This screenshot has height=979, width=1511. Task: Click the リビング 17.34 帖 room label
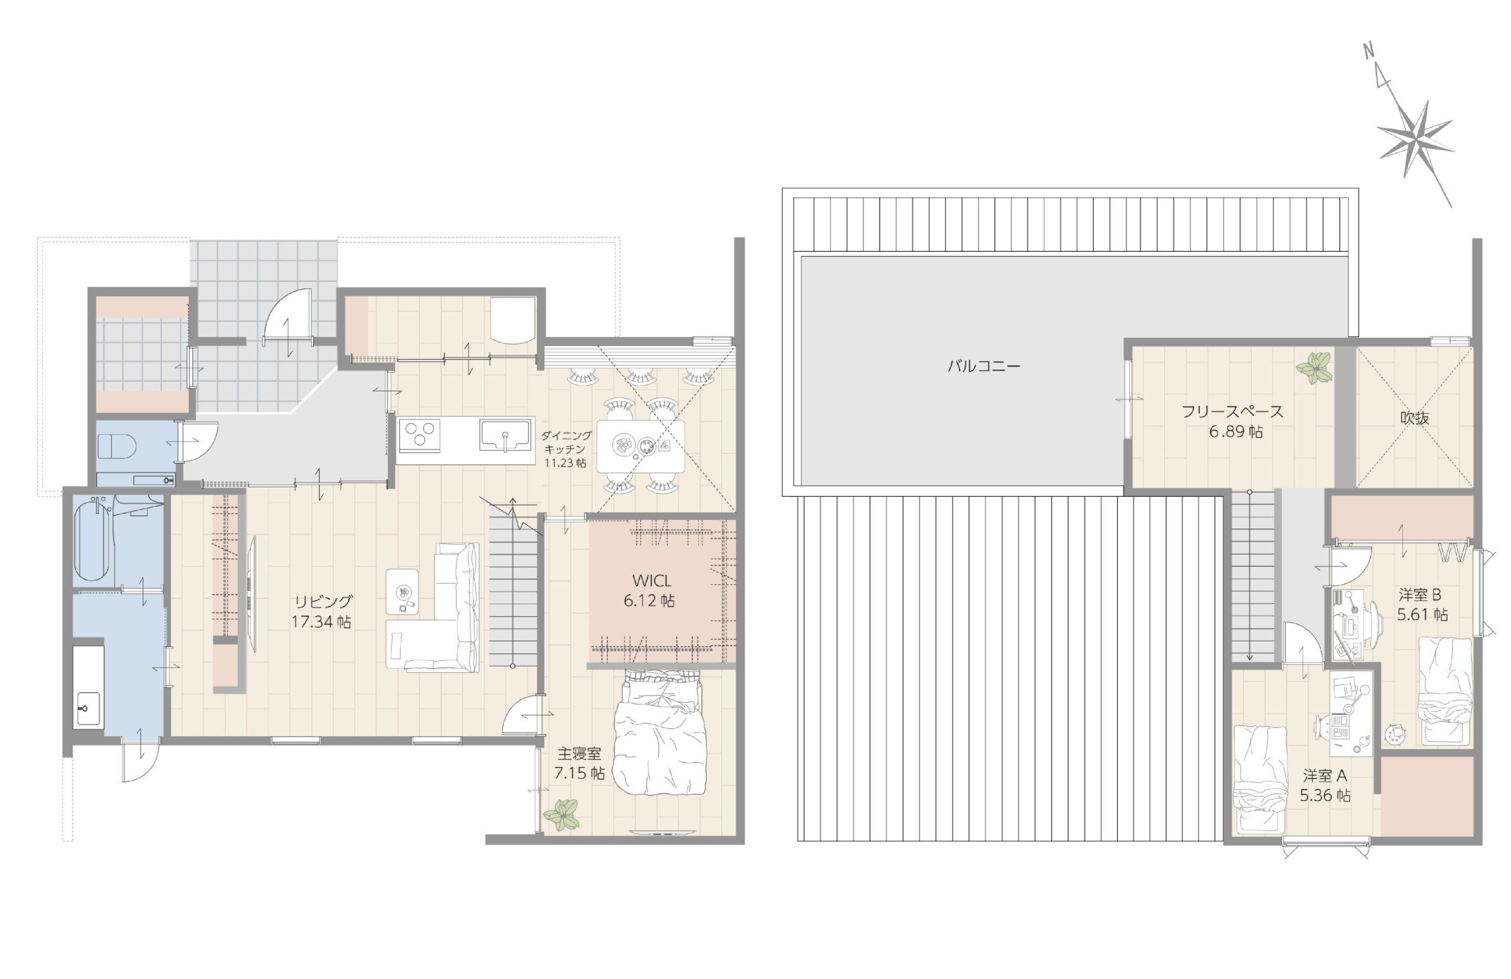[321, 611]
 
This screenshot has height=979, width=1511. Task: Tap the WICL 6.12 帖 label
[649, 591]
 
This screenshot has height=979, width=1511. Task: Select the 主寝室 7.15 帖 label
[579, 763]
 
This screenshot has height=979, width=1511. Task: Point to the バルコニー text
[984, 366]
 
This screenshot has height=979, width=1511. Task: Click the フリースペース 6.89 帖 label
[1233, 421]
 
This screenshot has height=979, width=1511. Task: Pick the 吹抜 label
[1415, 418]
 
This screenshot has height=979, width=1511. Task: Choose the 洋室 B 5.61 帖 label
[1422, 604]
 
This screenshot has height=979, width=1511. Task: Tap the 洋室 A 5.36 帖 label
[1325, 785]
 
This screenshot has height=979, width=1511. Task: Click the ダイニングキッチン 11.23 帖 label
[565, 449]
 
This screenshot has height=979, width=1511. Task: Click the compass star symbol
[1416, 139]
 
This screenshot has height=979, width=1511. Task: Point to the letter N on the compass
[1369, 51]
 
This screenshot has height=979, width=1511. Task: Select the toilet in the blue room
[117, 445]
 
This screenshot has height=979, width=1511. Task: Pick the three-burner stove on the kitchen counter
[420, 436]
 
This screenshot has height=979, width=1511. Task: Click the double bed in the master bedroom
[660, 732]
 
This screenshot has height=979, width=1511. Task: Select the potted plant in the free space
[1313, 368]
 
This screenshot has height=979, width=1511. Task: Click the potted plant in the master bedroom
[561, 814]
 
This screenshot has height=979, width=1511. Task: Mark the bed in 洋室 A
[1259, 780]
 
